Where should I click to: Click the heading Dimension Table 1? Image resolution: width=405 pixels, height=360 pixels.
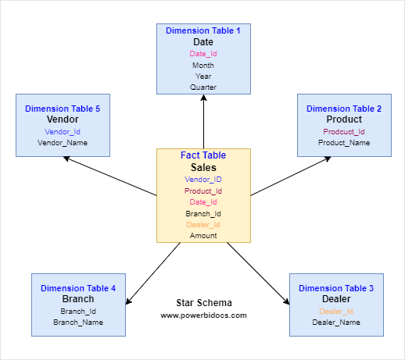pos(203,30)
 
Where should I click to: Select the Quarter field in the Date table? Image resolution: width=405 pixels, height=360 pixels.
pos(203,87)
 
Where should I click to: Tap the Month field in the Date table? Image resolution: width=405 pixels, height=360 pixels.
pos(203,66)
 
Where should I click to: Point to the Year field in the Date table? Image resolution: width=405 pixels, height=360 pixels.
pos(203,77)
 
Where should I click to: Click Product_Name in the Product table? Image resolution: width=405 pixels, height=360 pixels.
pos(344,143)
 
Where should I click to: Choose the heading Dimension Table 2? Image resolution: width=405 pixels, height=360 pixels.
pos(344,109)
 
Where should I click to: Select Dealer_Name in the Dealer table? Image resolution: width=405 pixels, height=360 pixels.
pos(336,323)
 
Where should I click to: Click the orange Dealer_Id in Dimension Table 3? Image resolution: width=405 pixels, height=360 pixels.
pos(336,312)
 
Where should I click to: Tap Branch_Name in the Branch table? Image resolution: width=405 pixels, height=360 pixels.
pos(78,322)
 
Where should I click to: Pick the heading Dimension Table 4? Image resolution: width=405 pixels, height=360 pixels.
pos(78,288)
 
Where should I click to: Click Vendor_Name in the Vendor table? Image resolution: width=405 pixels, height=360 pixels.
pos(63,143)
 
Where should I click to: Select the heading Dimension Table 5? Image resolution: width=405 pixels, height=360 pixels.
pos(63,109)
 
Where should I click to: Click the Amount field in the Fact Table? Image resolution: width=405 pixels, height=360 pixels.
pos(203,235)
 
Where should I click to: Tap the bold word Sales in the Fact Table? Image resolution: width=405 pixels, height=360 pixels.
pos(203,167)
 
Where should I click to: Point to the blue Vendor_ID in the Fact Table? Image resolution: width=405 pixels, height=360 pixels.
pos(203,180)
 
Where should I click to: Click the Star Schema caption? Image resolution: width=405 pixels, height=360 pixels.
pos(203,303)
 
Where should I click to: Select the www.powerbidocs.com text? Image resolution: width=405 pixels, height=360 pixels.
pos(203,315)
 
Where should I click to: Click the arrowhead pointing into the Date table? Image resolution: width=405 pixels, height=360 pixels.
pos(203,99)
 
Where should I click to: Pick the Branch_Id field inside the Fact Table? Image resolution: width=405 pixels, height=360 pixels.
pos(203,213)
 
